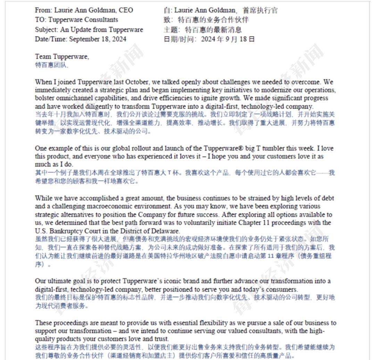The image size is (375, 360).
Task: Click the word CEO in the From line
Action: [126, 10]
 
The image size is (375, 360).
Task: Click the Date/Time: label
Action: [51, 39]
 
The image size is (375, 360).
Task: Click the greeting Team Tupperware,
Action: [62, 56]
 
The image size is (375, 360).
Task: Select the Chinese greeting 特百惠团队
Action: [51, 65]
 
